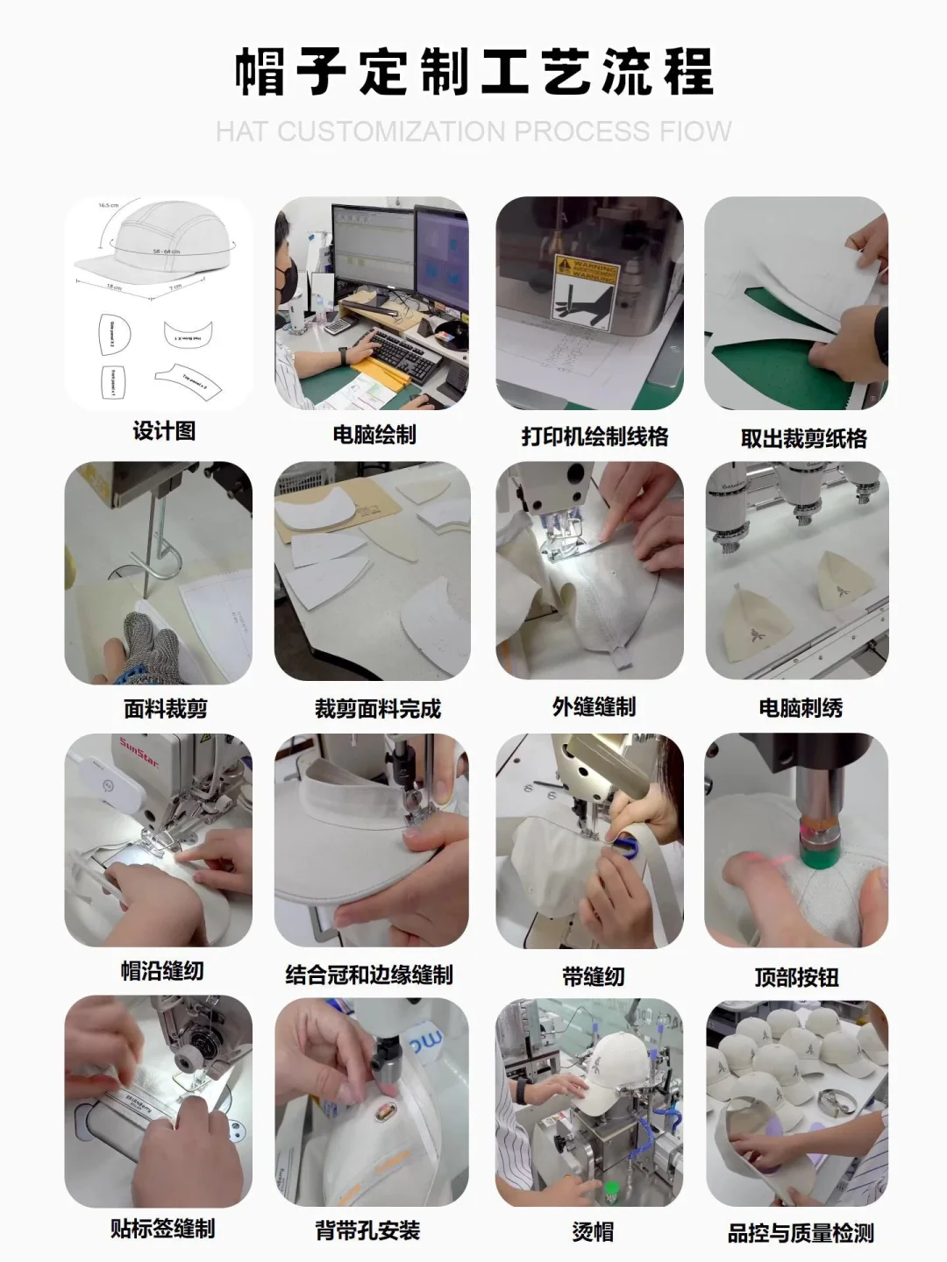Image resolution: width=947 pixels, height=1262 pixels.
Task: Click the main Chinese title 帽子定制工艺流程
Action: pyautogui.click(x=473, y=72)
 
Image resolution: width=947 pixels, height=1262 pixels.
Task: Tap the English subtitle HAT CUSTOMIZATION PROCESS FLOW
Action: pyautogui.click(x=473, y=131)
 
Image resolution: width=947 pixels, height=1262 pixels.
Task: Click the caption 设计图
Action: pyautogui.click(x=164, y=431)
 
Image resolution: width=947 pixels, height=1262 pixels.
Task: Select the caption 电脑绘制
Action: pyautogui.click(x=374, y=435)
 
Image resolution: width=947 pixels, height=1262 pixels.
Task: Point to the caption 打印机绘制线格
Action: pyautogui.click(x=595, y=436)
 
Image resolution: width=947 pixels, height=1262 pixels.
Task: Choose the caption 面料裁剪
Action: pyautogui.click(x=166, y=708)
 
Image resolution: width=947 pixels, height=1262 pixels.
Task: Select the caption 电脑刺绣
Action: pyautogui.click(x=801, y=708)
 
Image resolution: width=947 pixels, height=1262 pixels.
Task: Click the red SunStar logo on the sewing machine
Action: pyautogui.click(x=139, y=753)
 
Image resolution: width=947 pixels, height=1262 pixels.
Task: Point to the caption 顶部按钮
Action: pyautogui.click(x=796, y=976)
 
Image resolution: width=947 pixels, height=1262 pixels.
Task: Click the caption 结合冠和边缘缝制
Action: pyautogui.click(x=368, y=975)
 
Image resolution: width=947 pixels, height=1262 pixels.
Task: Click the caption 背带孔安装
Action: pyautogui.click(x=367, y=1230)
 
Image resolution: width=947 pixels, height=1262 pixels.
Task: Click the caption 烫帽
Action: pyautogui.click(x=593, y=1231)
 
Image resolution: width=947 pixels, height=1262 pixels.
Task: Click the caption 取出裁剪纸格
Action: pyautogui.click(x=803, y=438)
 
